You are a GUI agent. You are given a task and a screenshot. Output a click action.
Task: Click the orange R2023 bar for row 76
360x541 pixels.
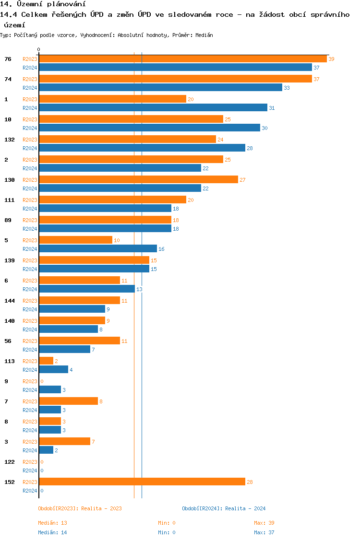182,59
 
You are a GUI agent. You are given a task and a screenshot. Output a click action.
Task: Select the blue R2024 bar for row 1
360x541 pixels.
153,107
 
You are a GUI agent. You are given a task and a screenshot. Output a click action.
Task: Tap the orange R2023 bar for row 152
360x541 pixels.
142,482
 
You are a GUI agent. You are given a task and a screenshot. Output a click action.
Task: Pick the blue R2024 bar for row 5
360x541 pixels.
97,248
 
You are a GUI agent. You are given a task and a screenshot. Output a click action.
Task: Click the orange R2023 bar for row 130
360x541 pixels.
138,179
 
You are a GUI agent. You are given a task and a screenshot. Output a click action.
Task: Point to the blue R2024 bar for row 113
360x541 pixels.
53,369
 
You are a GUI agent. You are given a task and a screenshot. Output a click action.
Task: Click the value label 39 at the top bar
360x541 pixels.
331,59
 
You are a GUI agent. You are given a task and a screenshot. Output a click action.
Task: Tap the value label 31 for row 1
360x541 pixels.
272,108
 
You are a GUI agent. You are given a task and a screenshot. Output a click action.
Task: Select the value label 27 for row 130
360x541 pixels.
242,180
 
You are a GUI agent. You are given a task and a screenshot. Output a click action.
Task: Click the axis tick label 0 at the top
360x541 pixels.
39,49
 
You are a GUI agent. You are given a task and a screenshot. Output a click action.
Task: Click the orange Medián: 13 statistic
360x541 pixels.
52,523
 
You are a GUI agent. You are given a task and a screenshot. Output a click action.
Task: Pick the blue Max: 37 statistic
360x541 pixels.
264,532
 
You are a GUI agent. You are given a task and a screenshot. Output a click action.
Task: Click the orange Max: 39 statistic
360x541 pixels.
264,523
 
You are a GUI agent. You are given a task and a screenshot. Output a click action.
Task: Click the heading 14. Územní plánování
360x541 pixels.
40,4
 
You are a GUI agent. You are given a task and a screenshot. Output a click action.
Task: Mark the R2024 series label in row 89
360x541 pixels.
30,229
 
